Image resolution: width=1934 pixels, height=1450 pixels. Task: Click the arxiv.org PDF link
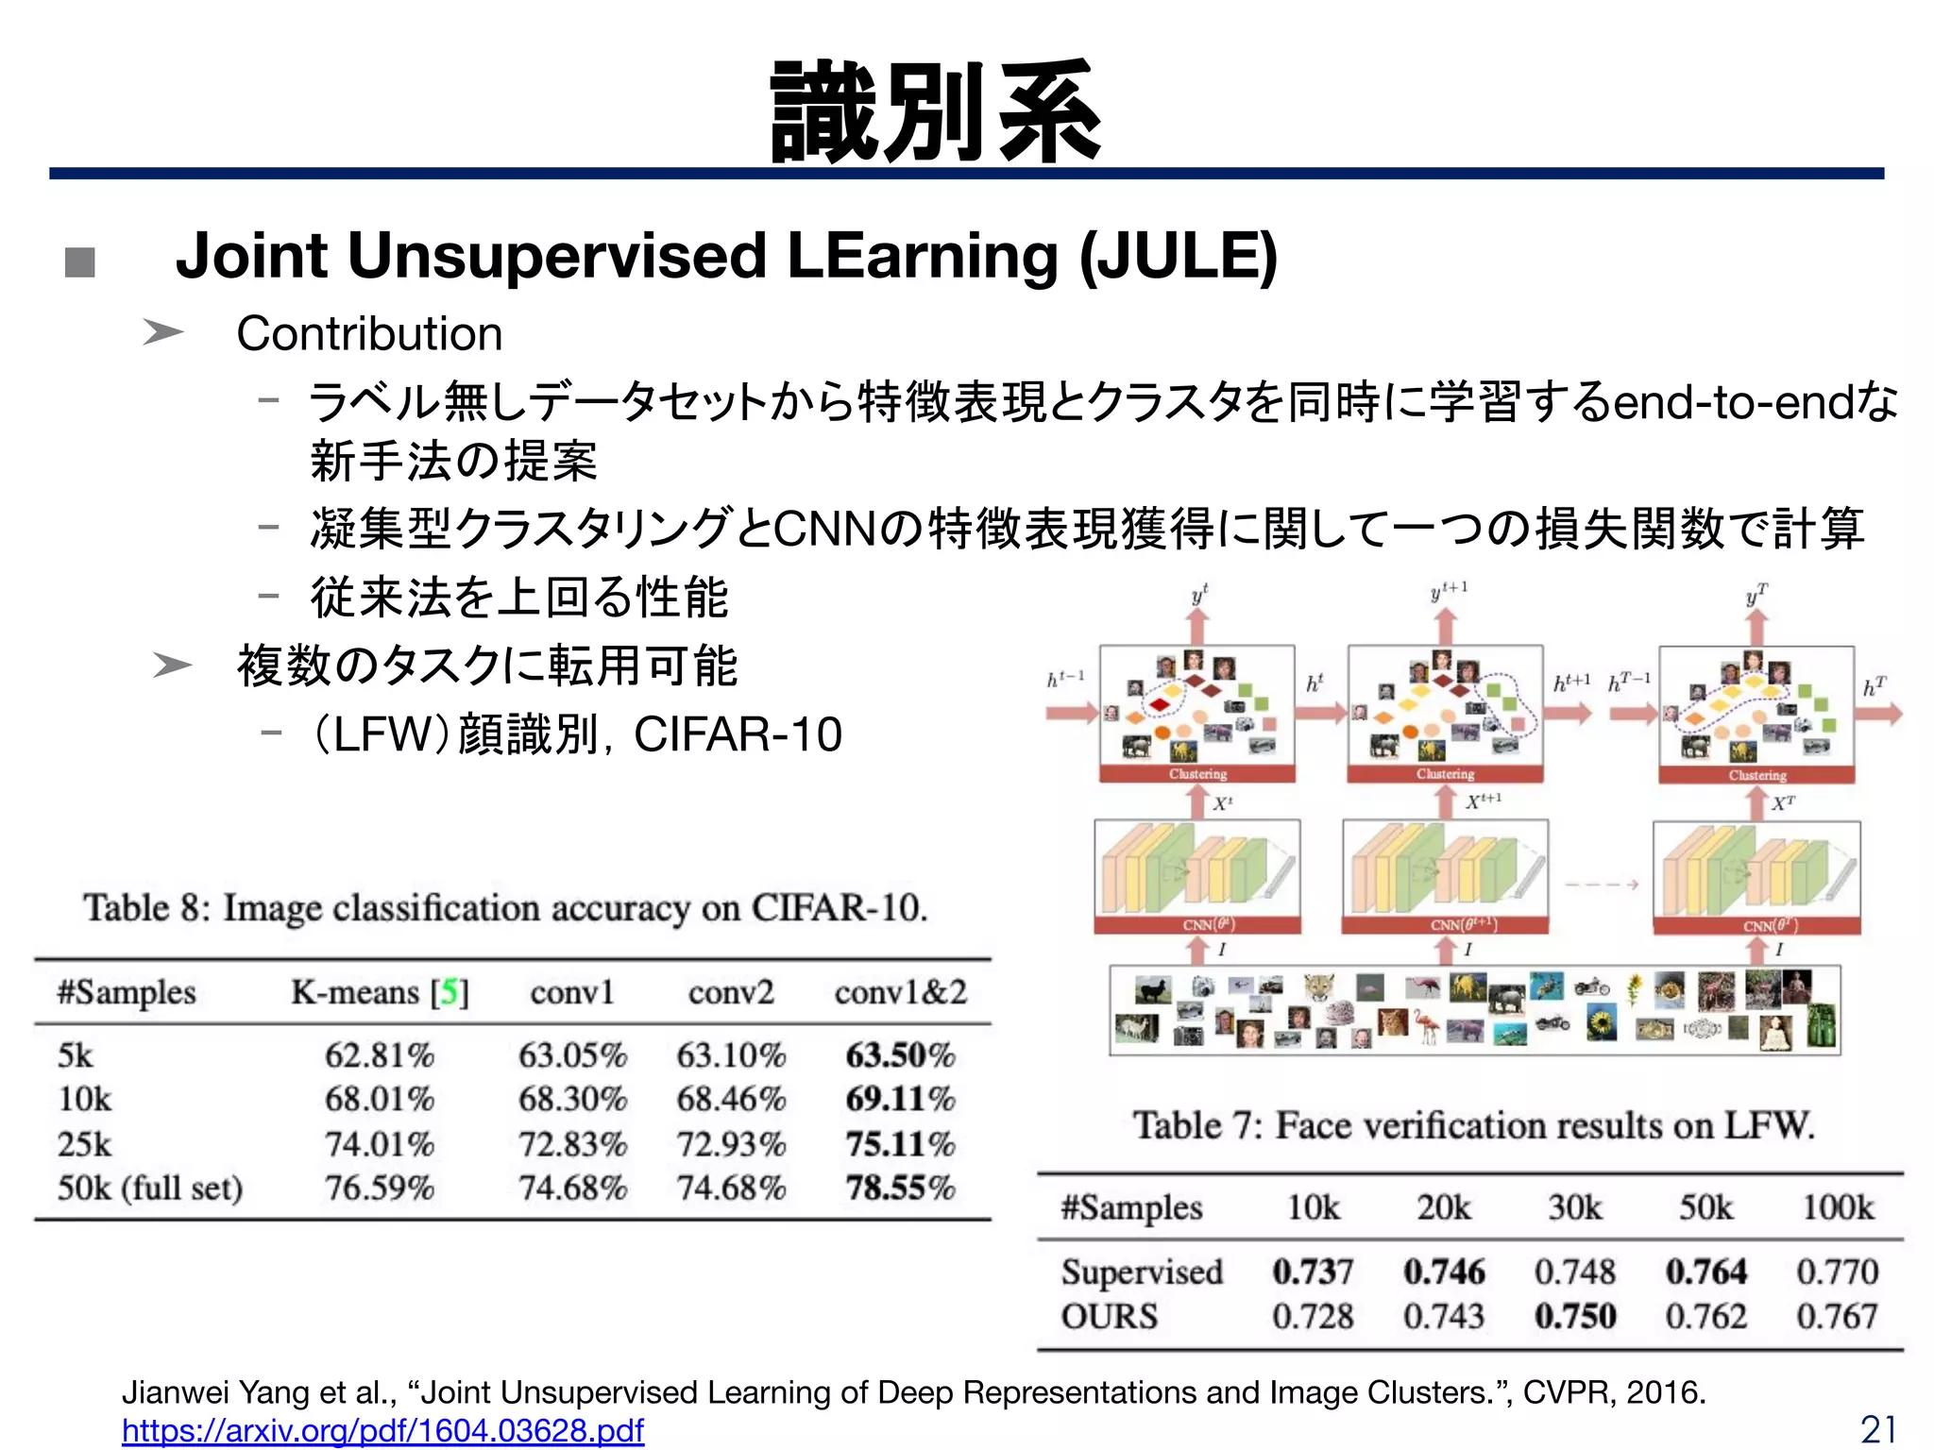point(382,1430)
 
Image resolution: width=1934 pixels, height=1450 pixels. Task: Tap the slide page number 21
point(1878,1429)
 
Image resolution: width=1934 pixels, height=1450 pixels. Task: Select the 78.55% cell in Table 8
point(900,1188)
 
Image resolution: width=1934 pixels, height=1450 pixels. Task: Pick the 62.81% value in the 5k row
point(380,1054)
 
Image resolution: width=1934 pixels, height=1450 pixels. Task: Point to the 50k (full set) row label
point(150,1188)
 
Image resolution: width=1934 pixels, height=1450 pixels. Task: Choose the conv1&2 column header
point(900,992)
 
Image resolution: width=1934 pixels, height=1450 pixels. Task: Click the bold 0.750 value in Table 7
point(1575,1316)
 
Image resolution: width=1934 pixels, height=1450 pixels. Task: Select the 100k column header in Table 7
point(1837,1207)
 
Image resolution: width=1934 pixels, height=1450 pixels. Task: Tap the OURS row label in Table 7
point(1109,1316)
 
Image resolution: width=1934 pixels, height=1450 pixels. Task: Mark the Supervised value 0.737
point(1313,1272)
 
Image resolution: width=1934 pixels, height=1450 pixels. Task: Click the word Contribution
point(369,334)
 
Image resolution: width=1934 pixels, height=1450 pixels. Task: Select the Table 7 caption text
point(1473,1125)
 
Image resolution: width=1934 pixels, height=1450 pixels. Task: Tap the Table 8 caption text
point(506,908)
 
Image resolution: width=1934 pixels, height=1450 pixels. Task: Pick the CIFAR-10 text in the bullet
point(738,734)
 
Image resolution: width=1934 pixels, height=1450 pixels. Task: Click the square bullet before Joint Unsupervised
point(80,261)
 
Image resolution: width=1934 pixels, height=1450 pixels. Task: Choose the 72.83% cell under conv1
point(572,1144)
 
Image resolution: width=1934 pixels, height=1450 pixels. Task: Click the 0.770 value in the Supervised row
point(1837,1272)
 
